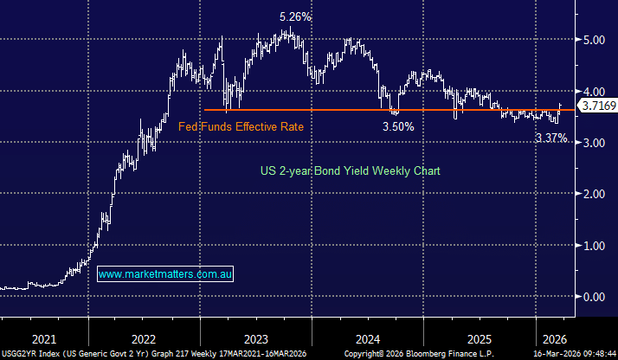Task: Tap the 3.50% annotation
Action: [399, 126]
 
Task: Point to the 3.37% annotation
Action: [551, 138]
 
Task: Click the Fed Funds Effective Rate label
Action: [241, 126]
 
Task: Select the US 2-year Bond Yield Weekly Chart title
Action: [350, 171]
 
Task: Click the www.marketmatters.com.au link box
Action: [165, 274]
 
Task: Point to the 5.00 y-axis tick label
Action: [595, 40]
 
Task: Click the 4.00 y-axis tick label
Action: [595, 91]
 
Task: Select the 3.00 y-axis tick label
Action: [595, 143]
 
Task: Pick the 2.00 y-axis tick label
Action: [595, 194]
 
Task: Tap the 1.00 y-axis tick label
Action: [595, 245]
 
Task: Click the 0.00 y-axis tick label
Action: [595, 297]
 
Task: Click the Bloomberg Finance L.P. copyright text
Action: [417, 354]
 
